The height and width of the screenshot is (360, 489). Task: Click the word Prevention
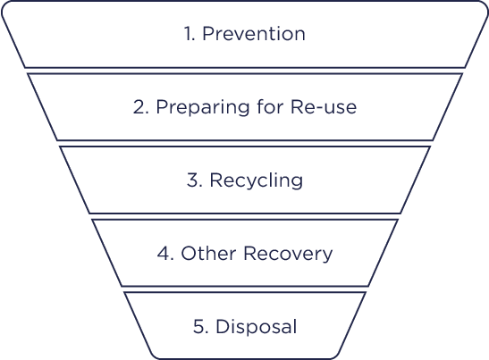[254, 33]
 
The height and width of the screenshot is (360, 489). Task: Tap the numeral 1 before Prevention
[188, 33]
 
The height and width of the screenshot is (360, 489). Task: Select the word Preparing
[203, 107]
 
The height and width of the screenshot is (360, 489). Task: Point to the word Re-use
[324, 107]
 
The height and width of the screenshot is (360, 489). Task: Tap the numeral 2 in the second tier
[139, 107]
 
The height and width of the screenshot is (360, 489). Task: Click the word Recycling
[256, 180]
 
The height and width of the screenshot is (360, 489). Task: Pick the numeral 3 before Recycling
[192, 180]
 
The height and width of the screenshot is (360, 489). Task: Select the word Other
[208, 253]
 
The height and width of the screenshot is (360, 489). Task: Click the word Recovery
[288, 254]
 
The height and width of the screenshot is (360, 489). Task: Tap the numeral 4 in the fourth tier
[163, 253]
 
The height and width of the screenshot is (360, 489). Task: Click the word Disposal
[256, 327]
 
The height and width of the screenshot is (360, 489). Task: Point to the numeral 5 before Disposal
[198, 327]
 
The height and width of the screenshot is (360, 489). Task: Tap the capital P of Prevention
[208, 33]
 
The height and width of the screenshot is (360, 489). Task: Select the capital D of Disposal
[223, 326]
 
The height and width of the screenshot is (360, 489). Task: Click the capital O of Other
[189, 253]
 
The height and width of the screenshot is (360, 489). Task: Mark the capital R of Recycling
[216, 180]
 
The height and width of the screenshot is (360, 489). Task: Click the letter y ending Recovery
[327, 256]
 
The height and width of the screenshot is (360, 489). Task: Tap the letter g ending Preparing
[243, 110]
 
